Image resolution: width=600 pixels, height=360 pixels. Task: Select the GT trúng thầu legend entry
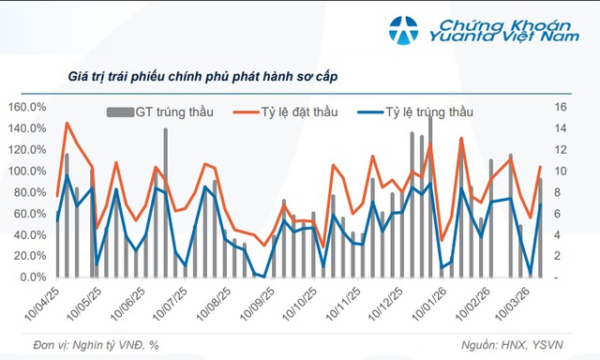pyautogui.click(x=173, y=112)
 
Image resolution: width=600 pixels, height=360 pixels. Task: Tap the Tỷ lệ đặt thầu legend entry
pyautogui.click(x=291, y=112)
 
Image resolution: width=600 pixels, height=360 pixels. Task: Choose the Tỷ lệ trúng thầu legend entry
pyautogui.click(x=429, y=112)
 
